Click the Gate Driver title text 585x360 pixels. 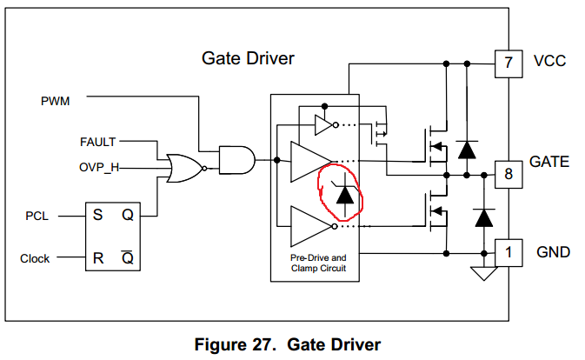click(x=248, y=59)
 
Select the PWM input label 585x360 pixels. click(x=56, y=101)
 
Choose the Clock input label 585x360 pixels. click(x=35, y=258)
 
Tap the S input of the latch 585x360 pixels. click(x=98, y=215)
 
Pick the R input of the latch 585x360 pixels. click(x=98, y=258)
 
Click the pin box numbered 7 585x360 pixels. click(x=507, y=63)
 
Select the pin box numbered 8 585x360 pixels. click(x=508, y=172)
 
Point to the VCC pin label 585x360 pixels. click(x=548, y=63)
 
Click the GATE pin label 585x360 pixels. click(x=549, y=162)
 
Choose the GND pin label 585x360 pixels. click(x=552, y=252)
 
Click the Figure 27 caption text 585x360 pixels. click(x=287, y=345)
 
